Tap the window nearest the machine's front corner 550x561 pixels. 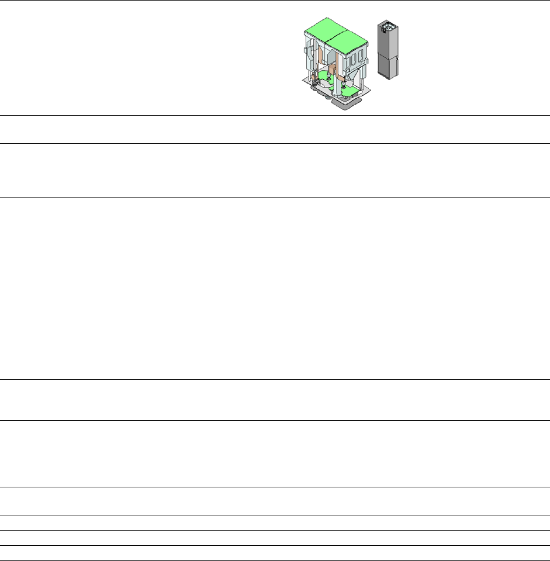tap(350, 61)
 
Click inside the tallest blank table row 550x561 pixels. tap(275, 288)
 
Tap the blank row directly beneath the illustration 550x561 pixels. tap(275, 129)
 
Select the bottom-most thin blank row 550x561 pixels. tap(275, 553)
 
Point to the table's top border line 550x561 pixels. tap(275, 1)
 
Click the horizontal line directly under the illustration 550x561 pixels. tap(275, 116)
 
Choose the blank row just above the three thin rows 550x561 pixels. tap(275, 501)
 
